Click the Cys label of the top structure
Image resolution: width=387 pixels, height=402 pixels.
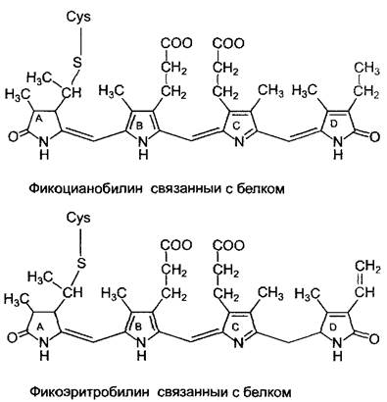click(78, 18)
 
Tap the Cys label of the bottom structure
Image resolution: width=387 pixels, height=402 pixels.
click(78, 218)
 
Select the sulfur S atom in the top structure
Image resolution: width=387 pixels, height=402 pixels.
click(77, 63)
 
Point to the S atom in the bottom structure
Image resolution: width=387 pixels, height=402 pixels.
click(80, 263)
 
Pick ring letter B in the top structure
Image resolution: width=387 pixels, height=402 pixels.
click(139, 126)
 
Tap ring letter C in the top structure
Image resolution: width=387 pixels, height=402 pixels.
click(236, 125)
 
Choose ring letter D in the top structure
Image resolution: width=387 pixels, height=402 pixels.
click(334, 125)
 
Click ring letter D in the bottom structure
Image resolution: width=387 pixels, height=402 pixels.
click(334, 326)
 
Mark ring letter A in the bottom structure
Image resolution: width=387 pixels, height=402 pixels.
click(40, 326)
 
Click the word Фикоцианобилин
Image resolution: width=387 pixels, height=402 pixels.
click(86, 189)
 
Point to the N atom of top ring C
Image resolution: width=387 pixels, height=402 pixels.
click(239, 142)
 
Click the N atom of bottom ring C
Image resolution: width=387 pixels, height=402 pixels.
click(239, 343)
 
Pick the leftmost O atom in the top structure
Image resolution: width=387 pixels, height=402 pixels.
click(13, 136)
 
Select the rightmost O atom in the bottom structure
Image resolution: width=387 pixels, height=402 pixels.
click(374, 338)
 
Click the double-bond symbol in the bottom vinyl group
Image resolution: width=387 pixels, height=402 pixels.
click(359, 278)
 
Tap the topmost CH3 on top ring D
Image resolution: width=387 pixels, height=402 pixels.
click(366, 70)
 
